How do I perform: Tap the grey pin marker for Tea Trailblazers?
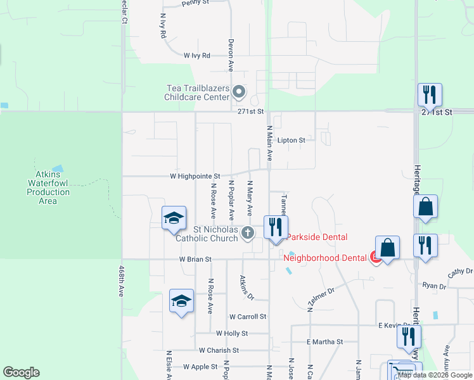coord(239,92)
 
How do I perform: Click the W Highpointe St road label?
coord(195,176)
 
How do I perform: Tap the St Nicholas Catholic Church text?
coord(206,234)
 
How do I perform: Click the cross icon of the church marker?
coord(248,234)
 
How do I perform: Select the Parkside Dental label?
coord(317,237)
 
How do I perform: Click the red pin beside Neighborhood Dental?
coord(375,257)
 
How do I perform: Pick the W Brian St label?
coord(195,259)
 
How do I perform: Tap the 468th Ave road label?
coord(121,281)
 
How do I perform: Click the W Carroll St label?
coord(248,316)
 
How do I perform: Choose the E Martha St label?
coord(324,341)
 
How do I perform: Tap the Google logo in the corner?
coord(21,372)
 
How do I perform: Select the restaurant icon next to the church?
coord(275,227)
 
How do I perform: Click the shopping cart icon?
coord(397,371)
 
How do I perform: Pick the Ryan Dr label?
coord(434,286)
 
